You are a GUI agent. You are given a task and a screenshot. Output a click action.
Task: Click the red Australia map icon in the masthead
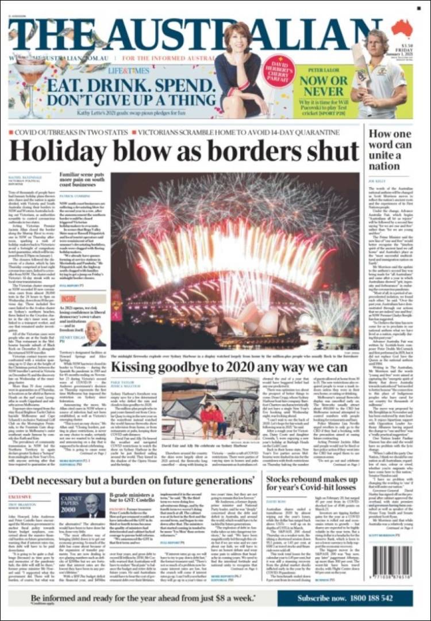point(402,27)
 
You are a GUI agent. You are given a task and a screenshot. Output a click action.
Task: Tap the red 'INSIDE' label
point(68,299)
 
